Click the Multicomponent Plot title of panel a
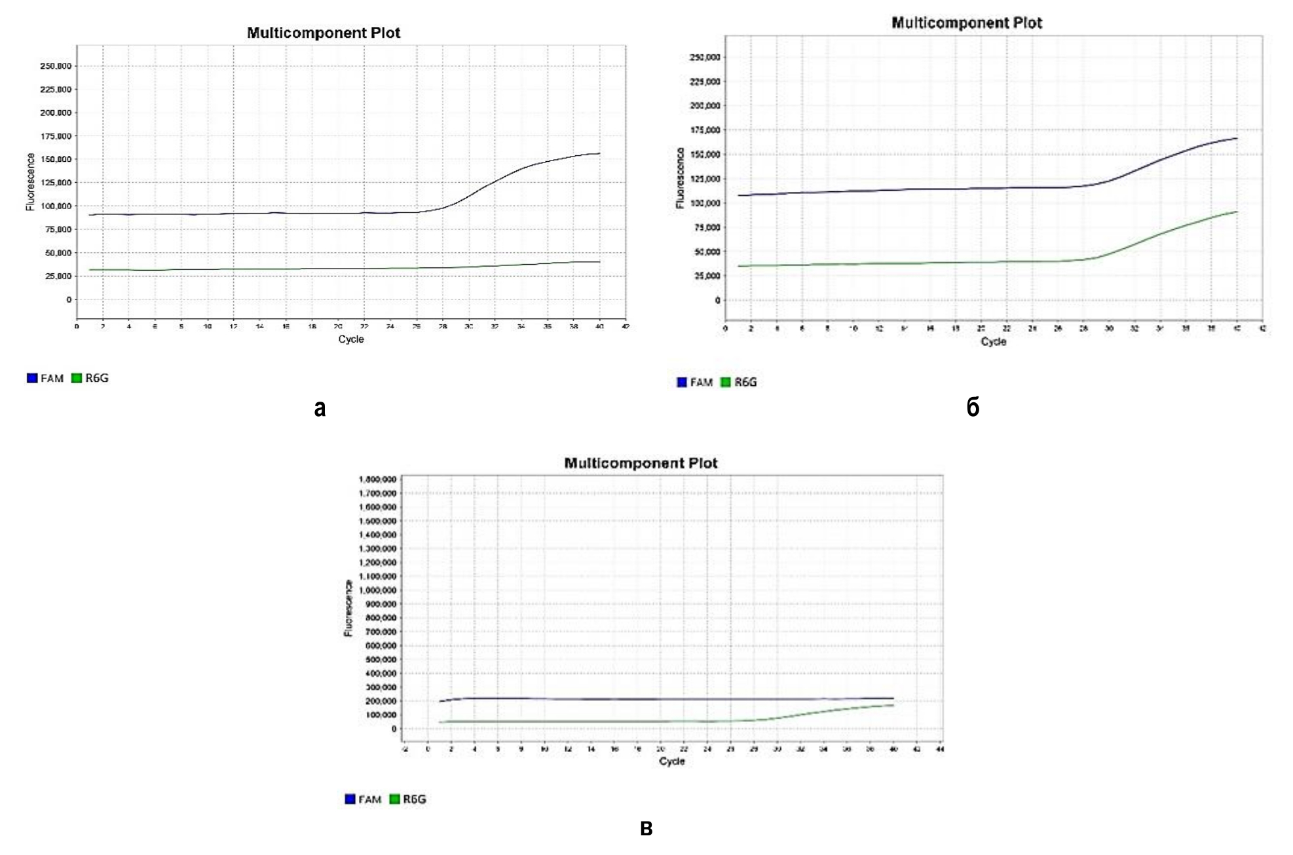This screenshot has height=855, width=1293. [324, 33]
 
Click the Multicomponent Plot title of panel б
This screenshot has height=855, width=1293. [967, 23]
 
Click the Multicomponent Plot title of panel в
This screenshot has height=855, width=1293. [641, 463]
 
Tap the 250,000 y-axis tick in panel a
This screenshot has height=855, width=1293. [56, 66]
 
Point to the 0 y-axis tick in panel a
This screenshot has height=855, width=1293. [69, 299]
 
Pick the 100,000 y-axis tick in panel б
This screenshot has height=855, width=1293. [705, 203]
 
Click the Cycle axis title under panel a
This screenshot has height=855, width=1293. [351, 339]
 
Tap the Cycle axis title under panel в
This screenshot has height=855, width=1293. [672, 761]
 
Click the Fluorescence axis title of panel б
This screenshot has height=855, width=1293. [680, 178]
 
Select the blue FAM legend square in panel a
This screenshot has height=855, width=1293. [32, 378]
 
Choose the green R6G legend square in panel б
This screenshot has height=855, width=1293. [726, 382]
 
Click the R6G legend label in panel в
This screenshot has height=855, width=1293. [415, 799]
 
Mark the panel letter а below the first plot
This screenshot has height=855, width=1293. [320, 408]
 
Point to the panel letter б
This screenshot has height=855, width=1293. [973, 408]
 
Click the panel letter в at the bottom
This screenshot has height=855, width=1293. [646, 829]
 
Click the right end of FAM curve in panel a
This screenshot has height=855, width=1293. [599, 153]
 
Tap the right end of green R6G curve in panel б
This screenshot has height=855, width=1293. [1237, 212]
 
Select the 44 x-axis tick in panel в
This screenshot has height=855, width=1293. [940, 749]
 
